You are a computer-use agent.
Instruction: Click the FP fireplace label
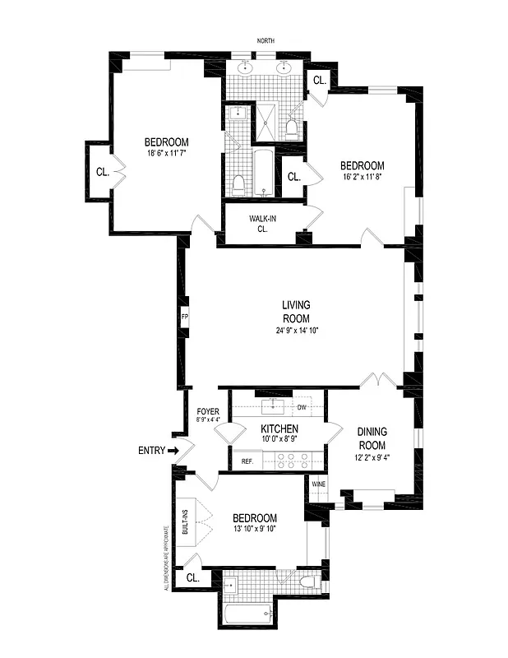[x=184, y=316]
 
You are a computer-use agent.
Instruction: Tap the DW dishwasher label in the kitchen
[x=302, y=406]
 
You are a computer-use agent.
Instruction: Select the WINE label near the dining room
[x=318, y=484]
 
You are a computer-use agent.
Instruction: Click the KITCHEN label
[x=279, y=429]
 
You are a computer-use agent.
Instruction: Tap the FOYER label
[x=207, y=412]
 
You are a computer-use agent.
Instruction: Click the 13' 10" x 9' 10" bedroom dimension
[x=254, y=530]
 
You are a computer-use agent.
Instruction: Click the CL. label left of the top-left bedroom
[x=102, y=173]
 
